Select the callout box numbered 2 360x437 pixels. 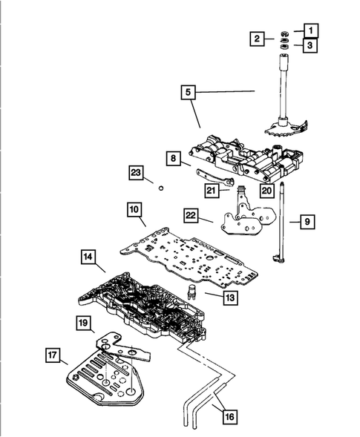[257, 39]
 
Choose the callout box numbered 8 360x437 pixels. [173, 158]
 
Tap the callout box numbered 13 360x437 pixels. [212, 297]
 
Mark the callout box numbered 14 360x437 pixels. [88, 257]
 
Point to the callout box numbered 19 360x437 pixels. [84, 323]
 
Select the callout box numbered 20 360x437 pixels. [266, 190]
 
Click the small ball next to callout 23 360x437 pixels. [160, 188]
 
